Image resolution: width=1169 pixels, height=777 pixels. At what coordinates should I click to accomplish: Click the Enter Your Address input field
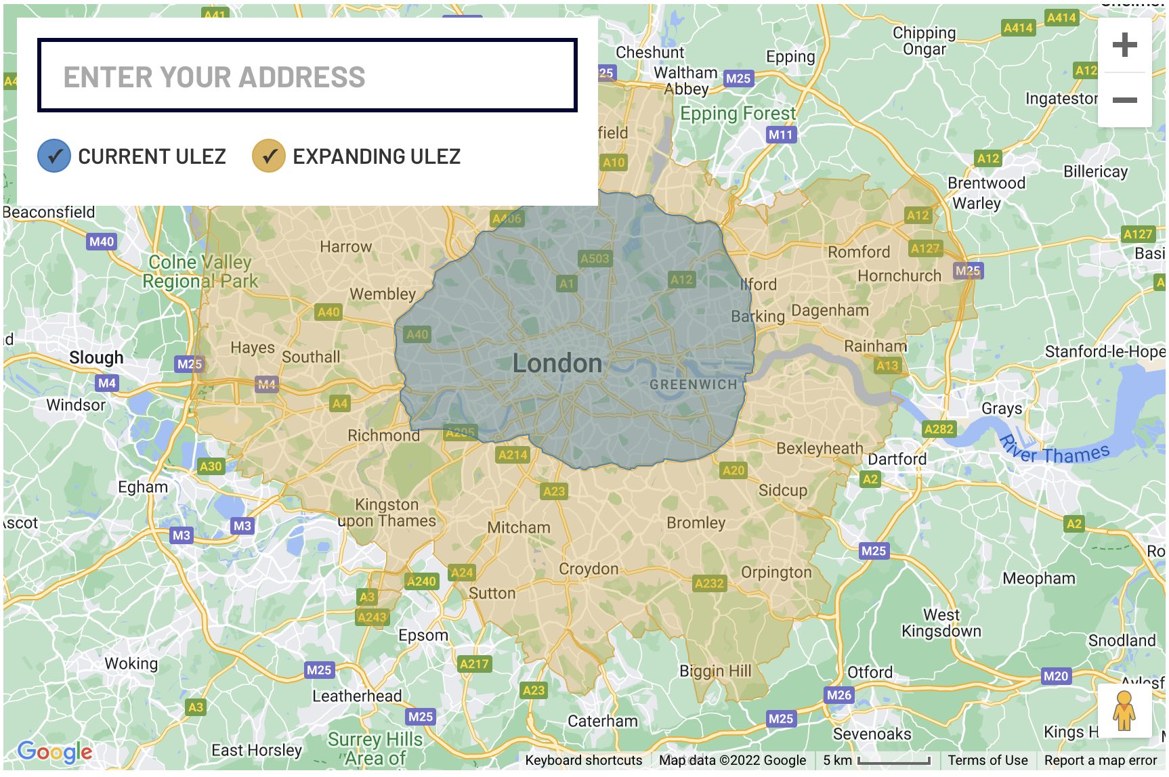coord(307,76)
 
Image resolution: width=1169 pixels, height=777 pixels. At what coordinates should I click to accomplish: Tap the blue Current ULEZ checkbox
coord(54,156)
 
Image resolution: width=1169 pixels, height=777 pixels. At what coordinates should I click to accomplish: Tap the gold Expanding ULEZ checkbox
coord(269,156)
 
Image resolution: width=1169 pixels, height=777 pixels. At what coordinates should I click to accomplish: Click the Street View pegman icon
coord(1124,711)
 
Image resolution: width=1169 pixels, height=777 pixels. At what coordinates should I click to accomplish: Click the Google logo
coord(55,751)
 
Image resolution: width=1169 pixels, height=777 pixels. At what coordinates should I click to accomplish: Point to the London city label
coord(557,363)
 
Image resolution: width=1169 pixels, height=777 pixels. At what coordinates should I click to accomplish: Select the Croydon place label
coord(589,569)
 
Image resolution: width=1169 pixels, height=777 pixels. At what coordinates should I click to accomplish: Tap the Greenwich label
coord(693,384)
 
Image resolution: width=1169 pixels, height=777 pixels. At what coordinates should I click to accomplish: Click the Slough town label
coord(96,357)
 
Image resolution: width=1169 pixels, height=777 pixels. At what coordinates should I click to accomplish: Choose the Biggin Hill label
coord(715,671)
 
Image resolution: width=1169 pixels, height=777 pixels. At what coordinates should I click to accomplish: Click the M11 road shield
coord(780,135)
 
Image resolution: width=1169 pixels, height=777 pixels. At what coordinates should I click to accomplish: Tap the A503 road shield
coord(595,259)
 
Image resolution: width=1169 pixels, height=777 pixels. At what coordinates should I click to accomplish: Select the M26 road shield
coord(838,694)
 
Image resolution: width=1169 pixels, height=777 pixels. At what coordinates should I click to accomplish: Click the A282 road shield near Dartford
coord(939,429)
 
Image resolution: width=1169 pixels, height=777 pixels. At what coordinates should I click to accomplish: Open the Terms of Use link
coord(987,760)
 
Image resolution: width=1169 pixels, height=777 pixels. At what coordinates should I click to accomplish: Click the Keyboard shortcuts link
coord(583,760)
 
